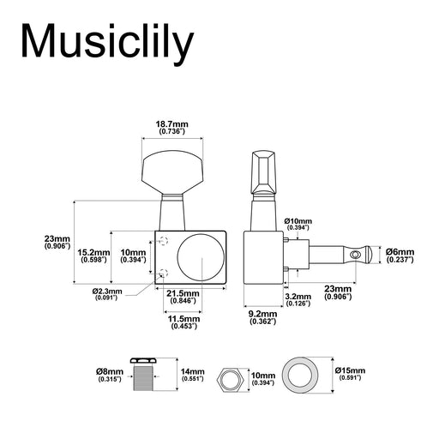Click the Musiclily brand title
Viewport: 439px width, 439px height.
107,44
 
